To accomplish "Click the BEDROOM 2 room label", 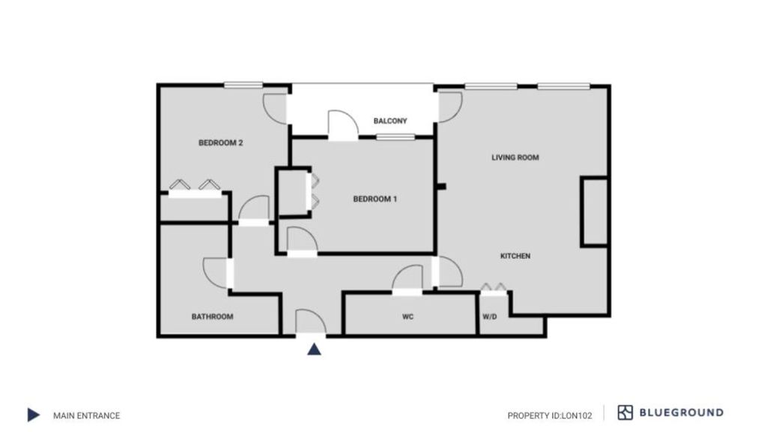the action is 221,143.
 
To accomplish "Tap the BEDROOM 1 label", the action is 375,199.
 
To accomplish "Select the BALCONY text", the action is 390,121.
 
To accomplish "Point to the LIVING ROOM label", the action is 515,157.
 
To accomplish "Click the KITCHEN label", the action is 515,256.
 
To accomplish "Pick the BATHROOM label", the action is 212,317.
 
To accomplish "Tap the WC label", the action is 408,317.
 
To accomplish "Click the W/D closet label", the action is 490,317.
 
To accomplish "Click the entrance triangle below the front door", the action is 314,349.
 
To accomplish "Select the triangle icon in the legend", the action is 33,415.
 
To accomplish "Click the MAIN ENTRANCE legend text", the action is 87,415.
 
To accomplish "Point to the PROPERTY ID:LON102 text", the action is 550,415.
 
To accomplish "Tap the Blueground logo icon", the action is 625,412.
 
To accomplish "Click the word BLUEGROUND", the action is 682,412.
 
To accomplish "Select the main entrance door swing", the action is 311,322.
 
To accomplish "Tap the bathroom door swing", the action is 215,273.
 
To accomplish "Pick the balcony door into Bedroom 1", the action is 343,125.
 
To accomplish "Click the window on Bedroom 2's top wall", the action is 243,85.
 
